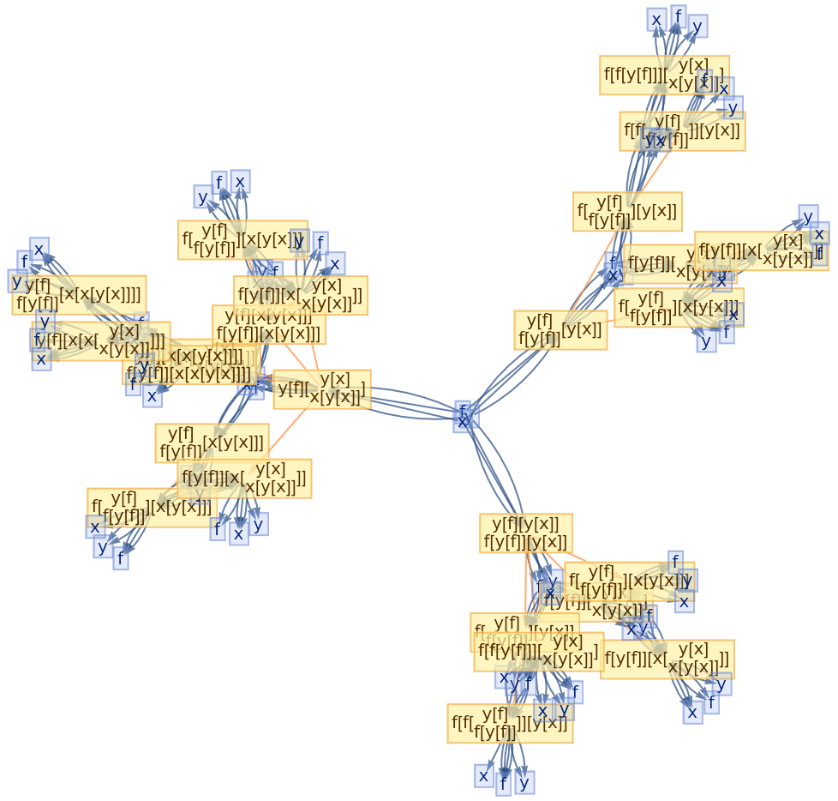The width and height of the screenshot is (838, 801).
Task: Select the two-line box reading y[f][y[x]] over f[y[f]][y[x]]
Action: tap(525, 533)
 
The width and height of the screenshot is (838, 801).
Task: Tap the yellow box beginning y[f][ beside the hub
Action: tap(322, 388)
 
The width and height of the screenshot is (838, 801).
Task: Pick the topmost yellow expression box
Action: tap(664, 75)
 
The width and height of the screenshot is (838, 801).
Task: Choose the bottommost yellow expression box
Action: tap(510, 723)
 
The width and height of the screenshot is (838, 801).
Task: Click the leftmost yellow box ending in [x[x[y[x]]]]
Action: tap(79, 295)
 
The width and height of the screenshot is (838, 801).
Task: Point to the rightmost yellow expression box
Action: tap(761, 251)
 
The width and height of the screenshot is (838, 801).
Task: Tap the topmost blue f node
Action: tap(679, 15)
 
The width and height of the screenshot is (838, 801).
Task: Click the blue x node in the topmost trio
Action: tap(656, 20)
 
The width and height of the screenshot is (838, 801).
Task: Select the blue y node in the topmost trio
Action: tap(698, 27)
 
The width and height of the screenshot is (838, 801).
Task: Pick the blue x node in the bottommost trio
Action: tap(483, 776)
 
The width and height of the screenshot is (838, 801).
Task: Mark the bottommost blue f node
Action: tap(503, 783)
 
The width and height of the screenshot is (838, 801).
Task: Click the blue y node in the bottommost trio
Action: tap(524, 781)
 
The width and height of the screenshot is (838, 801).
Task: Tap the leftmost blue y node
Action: tap(16, 280)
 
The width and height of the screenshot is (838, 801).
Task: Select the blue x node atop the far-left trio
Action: tap(39, 249)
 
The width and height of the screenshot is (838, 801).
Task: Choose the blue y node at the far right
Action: tap(807, 216)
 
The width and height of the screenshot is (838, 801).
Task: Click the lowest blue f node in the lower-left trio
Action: tap(121, 559)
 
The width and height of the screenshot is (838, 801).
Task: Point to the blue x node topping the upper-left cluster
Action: tap(240, 181)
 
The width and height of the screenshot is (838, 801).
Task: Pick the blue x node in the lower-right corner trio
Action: tap(692, 712)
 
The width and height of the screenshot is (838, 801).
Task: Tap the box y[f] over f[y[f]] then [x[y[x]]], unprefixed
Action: tap(212, 443)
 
